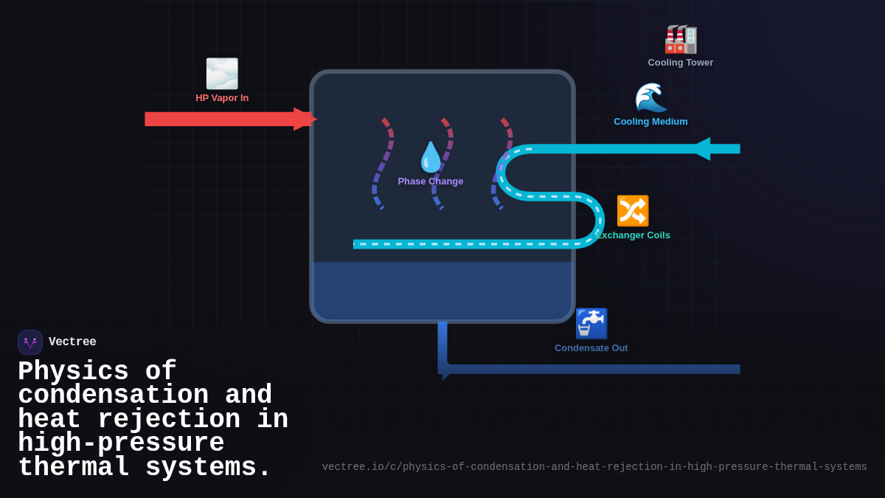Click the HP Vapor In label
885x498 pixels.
(x=222, y=98)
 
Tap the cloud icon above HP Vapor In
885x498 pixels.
(x=222, y=74)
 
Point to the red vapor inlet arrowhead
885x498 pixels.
(x=304, y=119)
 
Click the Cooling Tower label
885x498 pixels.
(x=680, y=63)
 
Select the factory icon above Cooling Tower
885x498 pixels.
(x=680, y=39)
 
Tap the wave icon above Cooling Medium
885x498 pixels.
(x=650, y=97)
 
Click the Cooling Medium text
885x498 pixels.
(x=650, y=122)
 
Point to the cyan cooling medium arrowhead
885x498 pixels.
(x=701, y=149)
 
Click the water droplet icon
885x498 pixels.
(x=431, y=157)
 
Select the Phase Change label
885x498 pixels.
(x=431, y=181)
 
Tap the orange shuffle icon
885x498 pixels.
(x=632, y=211)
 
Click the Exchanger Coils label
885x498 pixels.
(x=634, y=235)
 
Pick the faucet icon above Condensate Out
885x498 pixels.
(x=591, y=323)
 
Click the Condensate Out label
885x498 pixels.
(x=591, y=348)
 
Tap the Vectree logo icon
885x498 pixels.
(x=30, y=342)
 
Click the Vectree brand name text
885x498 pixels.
(x=72, y=342)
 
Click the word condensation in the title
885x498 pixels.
(x=113, y=395)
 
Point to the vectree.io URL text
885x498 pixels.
(x=594, y=467)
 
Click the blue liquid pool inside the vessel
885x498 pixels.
(x=442, y=291)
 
